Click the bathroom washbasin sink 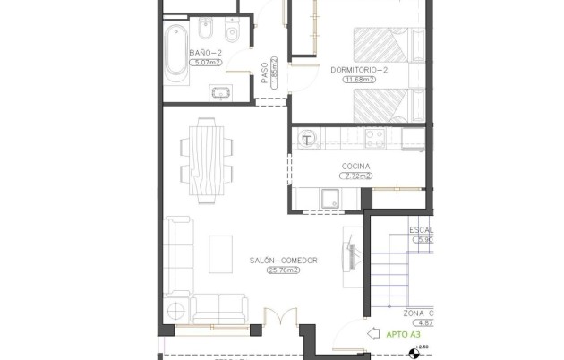[x=220, y=90]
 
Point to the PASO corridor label [x=265, y=73]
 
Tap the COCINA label [x=355, y=167]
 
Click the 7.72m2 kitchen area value [x=355, y=176]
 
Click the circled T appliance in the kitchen [x=307, y=139]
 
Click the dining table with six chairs [x=207, y=158]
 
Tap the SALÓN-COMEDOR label [x=283, y=261]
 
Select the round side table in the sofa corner [x=177, y=311]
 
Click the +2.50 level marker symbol [x=412, y=352]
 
